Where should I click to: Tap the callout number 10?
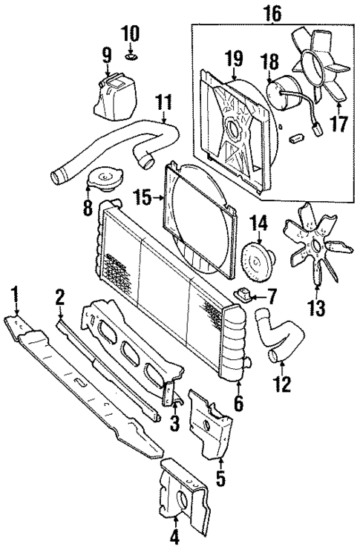[x=130, y=33]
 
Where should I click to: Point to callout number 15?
[x=143, y=197]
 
